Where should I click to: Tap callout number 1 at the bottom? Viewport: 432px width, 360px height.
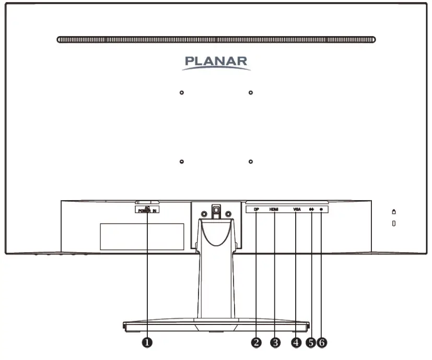[x=148, y=342]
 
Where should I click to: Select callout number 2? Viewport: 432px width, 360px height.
[x=256, y=342]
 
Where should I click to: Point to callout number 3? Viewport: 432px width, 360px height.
[x=275, y=342]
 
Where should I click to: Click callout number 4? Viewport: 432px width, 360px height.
[x=296, y=342]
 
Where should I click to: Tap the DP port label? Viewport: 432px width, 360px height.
[x=256, y=210]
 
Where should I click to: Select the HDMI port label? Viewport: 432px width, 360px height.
[x=274, y=210]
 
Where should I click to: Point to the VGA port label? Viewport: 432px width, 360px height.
[x=297, y=210]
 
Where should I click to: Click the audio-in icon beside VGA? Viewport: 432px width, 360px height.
[x=311, y=210]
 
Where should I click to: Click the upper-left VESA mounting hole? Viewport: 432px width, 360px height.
[x=181, y=92]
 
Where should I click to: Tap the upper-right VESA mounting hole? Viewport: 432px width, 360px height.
[x=251, y=92]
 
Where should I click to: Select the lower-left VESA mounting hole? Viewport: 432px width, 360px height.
[x=181, y=161]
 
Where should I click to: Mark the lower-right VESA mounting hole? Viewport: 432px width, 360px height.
[x=251, y=161]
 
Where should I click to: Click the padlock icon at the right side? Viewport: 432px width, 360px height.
[x=393, y=211]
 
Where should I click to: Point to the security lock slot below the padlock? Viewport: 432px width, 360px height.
[x=393, y=224]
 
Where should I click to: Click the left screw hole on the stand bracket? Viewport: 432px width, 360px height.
[x=204, y=213]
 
